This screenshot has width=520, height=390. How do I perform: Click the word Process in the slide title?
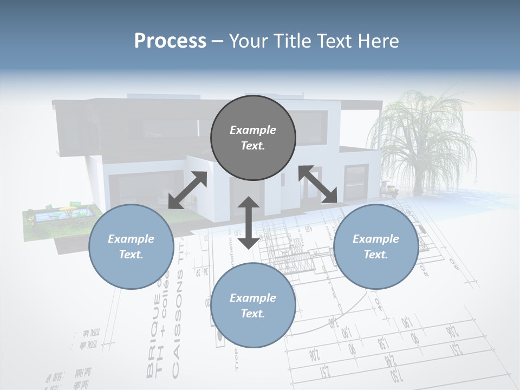coord(170,41)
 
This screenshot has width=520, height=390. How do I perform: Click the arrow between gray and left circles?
coord(187,190)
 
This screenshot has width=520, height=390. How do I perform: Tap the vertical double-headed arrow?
coord(249,223)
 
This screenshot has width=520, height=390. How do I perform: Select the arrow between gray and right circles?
coord(317,184)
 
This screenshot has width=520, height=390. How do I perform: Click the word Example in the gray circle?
coord(253,130)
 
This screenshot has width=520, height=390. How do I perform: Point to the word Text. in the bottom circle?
coord(253,314)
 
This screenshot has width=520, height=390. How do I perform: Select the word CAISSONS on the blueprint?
coord(175,339)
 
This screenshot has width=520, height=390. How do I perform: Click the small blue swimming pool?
coord(41,217)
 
